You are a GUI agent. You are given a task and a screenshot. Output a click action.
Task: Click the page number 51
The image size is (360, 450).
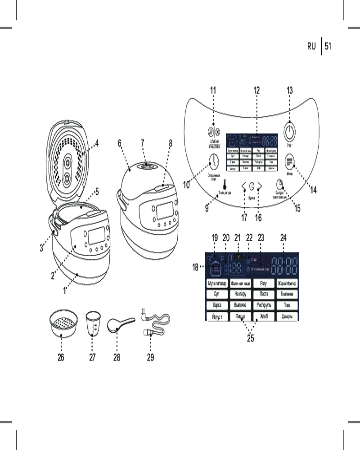(x=328, y=46)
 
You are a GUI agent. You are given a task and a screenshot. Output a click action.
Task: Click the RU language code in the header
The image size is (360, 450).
(x=312, y=46)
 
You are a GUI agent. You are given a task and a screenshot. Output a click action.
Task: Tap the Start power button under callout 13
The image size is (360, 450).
(x=290, y=130)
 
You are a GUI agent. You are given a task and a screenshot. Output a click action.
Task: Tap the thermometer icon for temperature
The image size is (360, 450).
(x=224, y=184)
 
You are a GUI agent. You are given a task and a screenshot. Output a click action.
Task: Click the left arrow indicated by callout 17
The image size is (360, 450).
(x=244, y=185)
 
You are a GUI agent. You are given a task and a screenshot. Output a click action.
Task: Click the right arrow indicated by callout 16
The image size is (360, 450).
(x=260, y=185)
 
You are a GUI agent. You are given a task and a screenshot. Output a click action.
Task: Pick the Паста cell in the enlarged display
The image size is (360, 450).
(x=263, y=294)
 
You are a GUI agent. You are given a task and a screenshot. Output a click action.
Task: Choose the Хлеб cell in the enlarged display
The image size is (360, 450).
(x=263, y=316)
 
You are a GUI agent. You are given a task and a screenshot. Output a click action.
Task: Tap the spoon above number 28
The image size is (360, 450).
(x=117, y=325)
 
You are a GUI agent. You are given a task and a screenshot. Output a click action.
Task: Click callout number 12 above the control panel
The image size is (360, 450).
(x=256, y=90)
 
